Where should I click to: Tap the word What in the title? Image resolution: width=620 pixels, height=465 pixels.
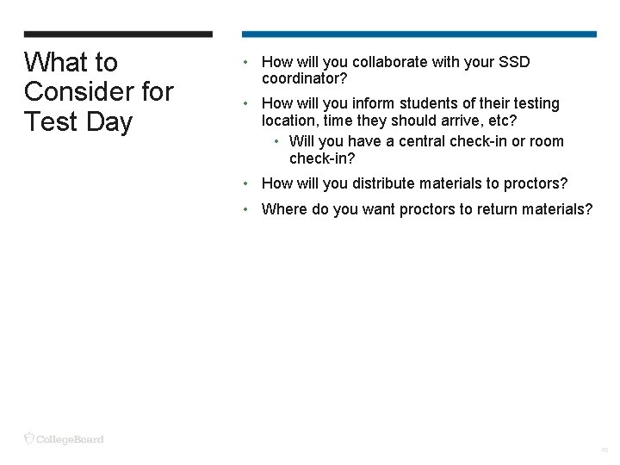point(55,62)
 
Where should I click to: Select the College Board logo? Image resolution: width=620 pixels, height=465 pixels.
point(64,439)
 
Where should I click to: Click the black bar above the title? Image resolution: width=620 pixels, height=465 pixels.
point(118,34)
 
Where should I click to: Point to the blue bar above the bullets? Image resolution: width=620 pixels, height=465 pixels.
point(418,34)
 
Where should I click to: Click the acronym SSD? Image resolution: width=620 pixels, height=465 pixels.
point(514,62)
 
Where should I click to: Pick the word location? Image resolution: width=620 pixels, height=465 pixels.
point(289,121)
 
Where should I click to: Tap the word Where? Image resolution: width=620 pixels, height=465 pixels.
point(283,208)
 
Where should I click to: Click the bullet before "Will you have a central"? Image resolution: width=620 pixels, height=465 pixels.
point(276,141)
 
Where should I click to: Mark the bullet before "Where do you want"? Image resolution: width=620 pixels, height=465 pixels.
point(246,208)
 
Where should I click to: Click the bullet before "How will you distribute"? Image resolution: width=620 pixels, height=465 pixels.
point(246,183)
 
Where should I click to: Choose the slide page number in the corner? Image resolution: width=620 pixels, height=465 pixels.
point(604,449)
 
